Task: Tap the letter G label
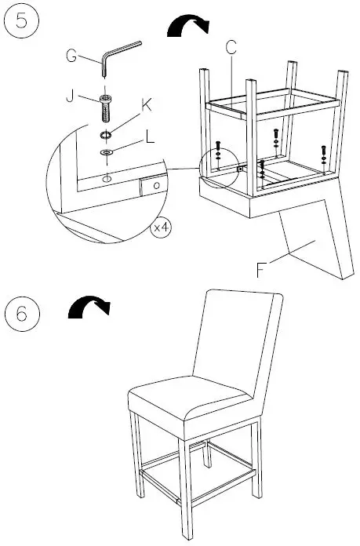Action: click(71, 56)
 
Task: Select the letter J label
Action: click(72, 96)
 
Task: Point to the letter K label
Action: click(146, 104)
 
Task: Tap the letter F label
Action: click(262, 271)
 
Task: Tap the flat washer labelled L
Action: click(105, 148)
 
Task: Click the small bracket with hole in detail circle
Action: click(152, 186)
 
